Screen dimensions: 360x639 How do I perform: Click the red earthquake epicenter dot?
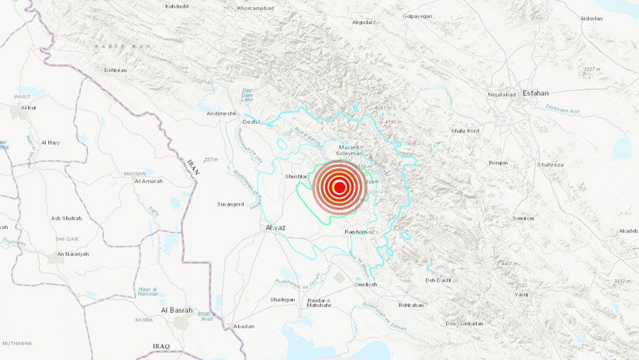coord(339,187)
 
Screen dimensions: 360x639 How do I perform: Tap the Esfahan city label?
coord(535,93)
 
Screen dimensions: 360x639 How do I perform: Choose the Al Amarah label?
coord(148,181)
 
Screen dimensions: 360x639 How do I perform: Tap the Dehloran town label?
coord(116,70)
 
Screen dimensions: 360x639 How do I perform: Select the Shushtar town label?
coord(298,176)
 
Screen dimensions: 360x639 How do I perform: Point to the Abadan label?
coord(243,326)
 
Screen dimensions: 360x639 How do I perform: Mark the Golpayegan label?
coord(417,16)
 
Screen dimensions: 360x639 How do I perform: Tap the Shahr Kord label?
coord(465,130)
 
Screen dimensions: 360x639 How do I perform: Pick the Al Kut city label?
coord(29,107)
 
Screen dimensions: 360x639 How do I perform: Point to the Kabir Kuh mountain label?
coord(112,47)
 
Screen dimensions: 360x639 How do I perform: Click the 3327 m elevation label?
coord(592,70)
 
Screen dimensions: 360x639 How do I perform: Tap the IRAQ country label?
coord(162,345)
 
